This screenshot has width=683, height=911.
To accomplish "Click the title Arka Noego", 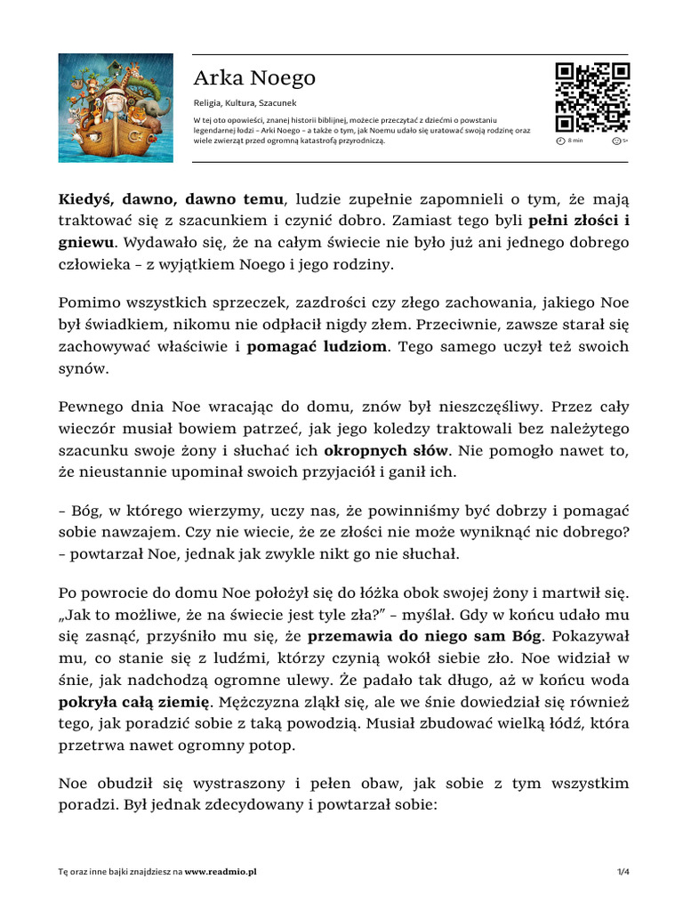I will [x=254, y=78].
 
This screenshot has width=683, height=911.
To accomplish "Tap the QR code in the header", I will [x=591, y=98].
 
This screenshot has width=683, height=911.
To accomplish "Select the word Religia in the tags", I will [x=206, y=102].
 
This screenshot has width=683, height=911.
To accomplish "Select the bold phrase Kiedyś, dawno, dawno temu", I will [x=171, y=198].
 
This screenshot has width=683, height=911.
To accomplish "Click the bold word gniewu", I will [x=87, y=241].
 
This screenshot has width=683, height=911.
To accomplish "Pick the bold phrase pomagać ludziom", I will [x=317, y=347].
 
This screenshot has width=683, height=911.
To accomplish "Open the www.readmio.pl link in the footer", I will [x=221, y=873].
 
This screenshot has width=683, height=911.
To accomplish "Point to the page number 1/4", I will [x=623, y=873].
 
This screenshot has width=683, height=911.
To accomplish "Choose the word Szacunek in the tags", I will [x=278, y=102].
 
